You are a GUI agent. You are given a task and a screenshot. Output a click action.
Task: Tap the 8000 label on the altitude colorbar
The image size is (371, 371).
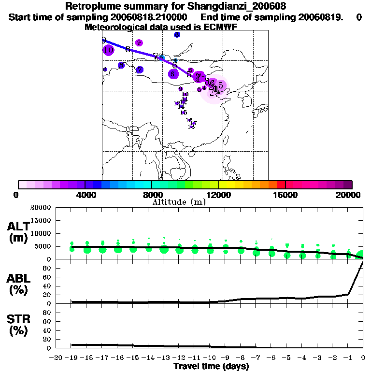coord(151,195)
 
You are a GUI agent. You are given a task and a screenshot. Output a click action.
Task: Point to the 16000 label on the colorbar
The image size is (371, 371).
coord(285,195)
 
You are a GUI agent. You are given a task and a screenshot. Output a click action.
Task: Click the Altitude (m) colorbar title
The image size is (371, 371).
coord(179,202)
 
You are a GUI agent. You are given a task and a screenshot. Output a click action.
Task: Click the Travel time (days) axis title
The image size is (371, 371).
coord(211,366)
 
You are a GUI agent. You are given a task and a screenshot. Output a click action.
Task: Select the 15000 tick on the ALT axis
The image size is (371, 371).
coord(41,220)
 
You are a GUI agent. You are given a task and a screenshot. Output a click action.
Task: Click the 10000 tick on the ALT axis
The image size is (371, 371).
coord(41,233)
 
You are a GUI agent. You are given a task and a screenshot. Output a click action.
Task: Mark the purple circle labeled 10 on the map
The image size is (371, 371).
coord(108,50)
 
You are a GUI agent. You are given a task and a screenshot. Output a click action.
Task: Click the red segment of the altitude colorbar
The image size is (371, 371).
coord(281,185)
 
